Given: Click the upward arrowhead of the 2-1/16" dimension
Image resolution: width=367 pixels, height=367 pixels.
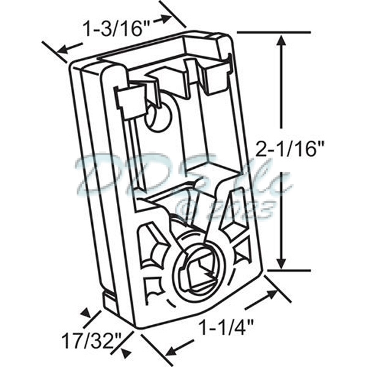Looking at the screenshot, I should point(281,40).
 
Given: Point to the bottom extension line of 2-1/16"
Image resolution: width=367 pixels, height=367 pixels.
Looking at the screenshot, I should point(287,270).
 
